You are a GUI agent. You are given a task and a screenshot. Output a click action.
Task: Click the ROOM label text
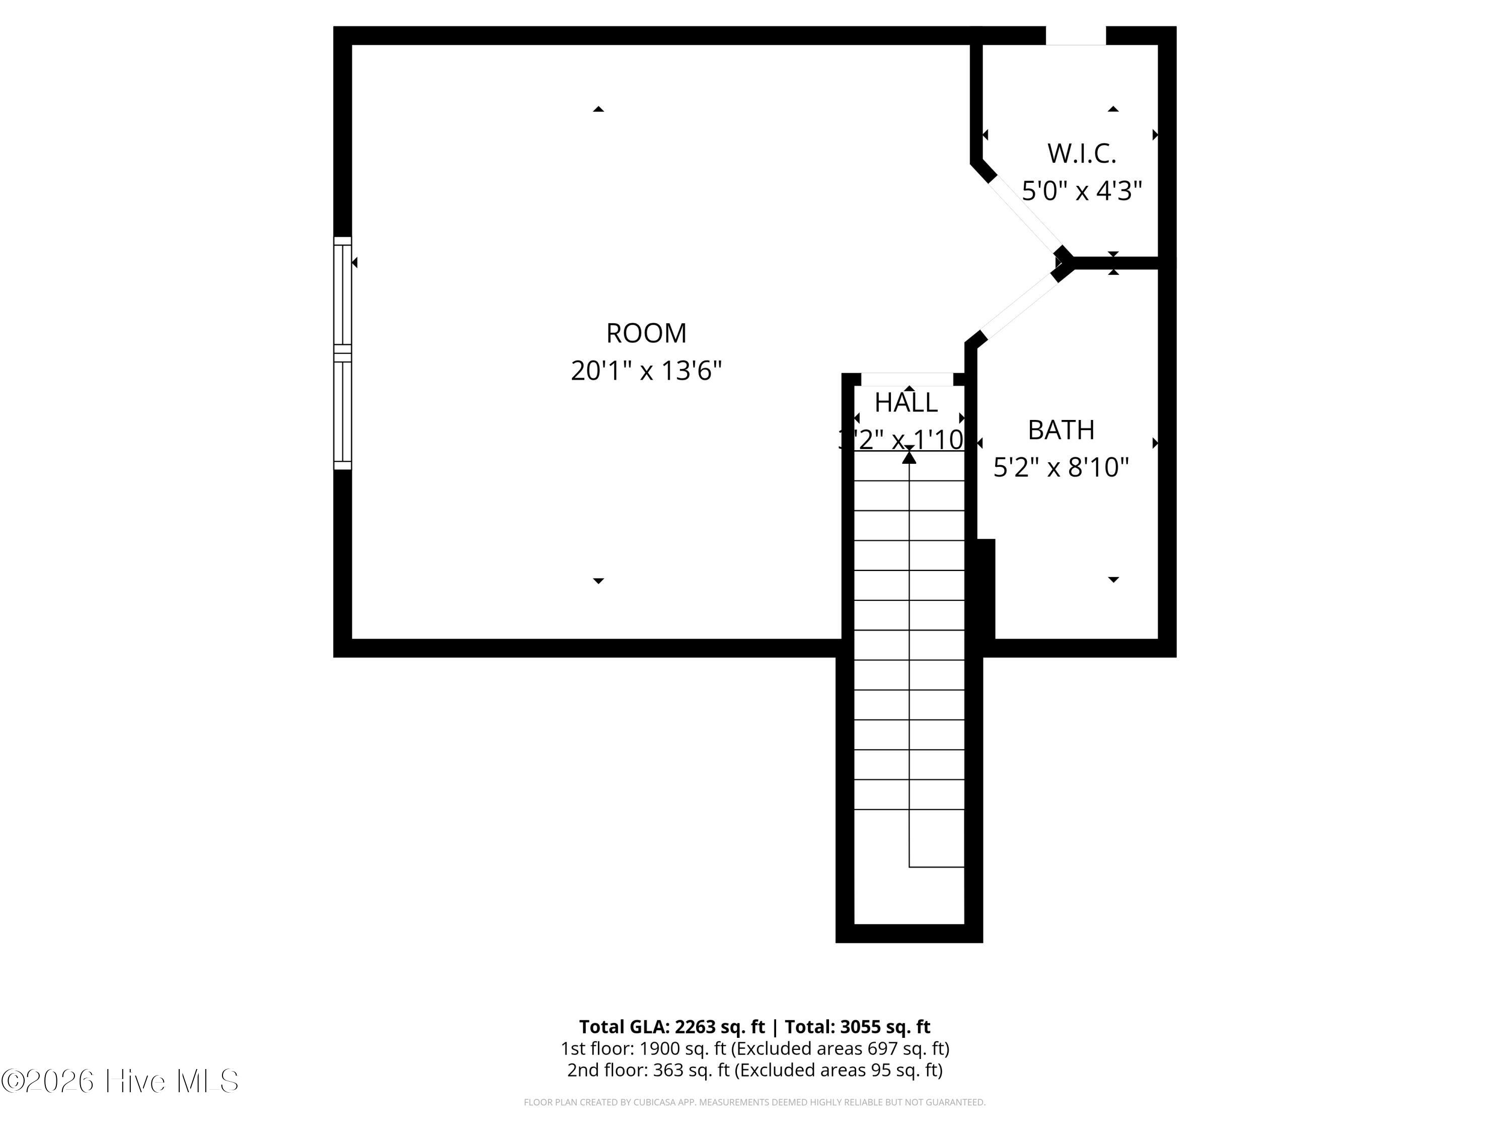click(646, 333)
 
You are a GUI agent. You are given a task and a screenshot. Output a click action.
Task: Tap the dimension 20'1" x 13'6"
click(646, 371)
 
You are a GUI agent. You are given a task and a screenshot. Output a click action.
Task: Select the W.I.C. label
click(1081, 154)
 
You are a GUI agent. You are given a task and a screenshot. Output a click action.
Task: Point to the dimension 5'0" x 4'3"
click(1081, 190)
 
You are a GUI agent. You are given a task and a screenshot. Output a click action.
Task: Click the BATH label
click(1061, 430)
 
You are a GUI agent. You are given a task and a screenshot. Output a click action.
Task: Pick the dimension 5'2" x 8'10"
click(1061, 468)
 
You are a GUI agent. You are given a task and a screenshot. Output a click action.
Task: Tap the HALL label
click(906, 403)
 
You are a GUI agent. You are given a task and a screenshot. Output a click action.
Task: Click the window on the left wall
click(342, 353)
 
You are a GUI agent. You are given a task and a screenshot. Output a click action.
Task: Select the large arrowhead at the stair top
click(909, 457)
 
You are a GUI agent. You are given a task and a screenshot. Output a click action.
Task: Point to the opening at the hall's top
click(907, 379)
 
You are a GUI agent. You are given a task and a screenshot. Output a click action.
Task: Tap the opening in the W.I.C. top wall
click(1075, 36)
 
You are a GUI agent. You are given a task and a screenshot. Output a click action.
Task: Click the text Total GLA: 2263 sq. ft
click(672, 1026)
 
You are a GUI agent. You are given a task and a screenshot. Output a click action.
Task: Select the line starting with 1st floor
click(754, 1048)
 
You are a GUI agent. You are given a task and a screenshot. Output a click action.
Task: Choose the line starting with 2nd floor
click(754, 1070)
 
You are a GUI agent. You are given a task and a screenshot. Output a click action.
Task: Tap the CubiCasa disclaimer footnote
click(754, 1102)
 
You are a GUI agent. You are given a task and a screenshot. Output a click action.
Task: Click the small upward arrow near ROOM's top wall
click(598, 109)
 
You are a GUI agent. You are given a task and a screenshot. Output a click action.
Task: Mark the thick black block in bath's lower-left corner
click(985, 589)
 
